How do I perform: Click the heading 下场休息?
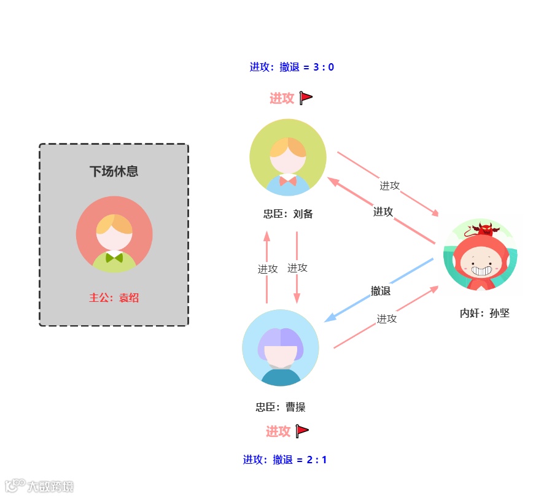pos(114,171)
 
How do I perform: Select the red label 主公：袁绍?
pos(114,298)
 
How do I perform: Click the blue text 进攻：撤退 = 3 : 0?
pos(292,67)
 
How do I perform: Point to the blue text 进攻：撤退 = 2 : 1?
pos(285,460)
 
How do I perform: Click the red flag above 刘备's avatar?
pos(306,98)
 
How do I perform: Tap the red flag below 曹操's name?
pos(302,431)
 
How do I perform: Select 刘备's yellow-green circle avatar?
pos(288,158)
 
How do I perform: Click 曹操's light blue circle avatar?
pos(281,347)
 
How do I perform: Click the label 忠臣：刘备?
pos(288,214)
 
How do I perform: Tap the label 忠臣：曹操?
pos(281,407)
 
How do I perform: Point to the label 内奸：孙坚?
pos(484,313)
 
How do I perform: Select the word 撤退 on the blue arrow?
pos(381,291)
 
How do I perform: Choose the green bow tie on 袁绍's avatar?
pos(114,258)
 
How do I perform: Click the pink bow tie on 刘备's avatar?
pos(287,181)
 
